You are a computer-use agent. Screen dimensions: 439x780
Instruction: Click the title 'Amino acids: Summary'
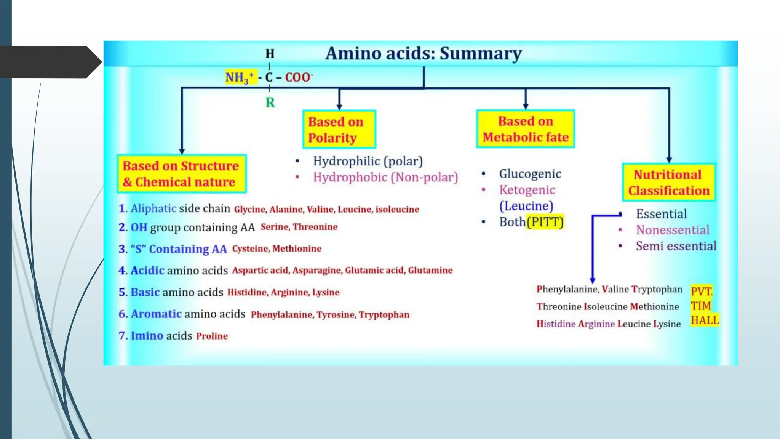[x=423, y=53]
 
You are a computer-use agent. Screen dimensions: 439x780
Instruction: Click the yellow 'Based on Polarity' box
[x=339, y=130]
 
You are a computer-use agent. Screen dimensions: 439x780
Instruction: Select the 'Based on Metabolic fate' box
[x=525, y=129]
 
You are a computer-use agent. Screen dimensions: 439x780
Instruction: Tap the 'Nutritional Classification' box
[x=668, y=183]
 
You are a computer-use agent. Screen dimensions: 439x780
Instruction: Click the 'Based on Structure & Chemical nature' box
[x=181, y=174]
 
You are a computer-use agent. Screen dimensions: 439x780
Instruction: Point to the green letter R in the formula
[x=270, y=103]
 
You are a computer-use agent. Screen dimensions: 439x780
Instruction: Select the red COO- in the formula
[x=298, y=77]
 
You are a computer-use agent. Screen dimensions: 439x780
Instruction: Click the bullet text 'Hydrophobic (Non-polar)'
[x=385, y=177]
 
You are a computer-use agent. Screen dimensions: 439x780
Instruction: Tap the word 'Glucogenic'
[x=530, y=174]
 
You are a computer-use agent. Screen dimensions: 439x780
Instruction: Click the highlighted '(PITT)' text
[x=545, y=222]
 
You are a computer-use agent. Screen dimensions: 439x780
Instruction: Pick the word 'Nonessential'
[x=672, y=230]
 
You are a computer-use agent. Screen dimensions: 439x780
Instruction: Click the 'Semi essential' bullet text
[x=676, y=246]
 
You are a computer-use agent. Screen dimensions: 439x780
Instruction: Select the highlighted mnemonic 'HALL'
[x=705, y=320]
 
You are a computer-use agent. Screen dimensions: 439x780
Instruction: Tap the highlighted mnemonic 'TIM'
[x=701, y=306]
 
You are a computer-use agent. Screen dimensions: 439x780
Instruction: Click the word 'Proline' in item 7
[x=212, y=336]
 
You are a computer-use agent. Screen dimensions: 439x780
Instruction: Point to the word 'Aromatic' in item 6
[x=156, y=314]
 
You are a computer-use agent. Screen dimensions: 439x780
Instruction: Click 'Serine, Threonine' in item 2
[x=299, y=227]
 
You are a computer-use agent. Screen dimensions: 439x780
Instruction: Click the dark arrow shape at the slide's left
[x=50, y=62]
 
